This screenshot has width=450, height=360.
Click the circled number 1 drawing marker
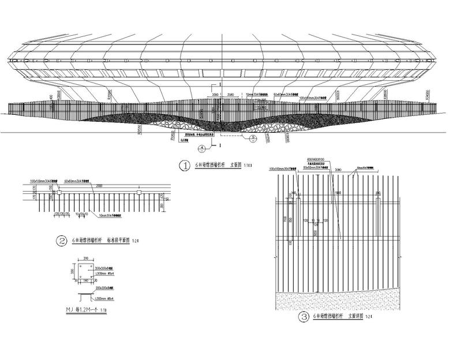[x=185, y=166]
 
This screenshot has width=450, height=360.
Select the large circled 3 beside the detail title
[x=303, y=317]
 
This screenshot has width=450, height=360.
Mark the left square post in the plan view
[x=58, y=194]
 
